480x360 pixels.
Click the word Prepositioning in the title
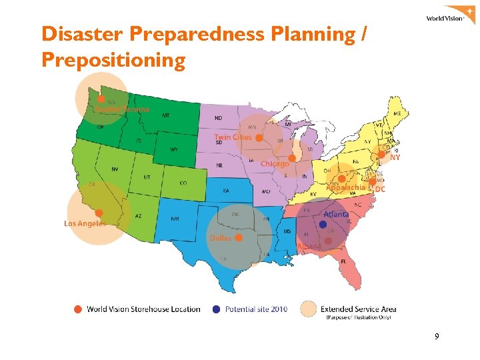[x=113, y=61]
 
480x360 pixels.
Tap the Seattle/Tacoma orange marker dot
[x=101, y=99]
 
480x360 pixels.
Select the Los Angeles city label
[x=85, y=223]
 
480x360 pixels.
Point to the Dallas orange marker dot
[x=238, y=237]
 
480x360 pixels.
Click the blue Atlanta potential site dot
[x=323, y=225]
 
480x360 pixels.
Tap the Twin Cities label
[x=233, y=137]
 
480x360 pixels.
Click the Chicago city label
[x=275, y=163]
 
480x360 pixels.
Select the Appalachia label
[x=346, y=188]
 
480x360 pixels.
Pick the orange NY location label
[x=395, y=158]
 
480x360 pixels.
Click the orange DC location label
[x=380, y=189]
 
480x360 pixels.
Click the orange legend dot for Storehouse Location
[x=78, y=309]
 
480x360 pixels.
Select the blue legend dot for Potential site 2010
[x=216, y=309]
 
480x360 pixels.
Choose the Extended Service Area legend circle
[x=308, y=309]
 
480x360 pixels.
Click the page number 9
[x=437, y=337]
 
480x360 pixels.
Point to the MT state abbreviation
[x=165, y=115]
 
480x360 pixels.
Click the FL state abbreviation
[x=343, y=261]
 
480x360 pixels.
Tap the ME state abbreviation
[x=397, y=114]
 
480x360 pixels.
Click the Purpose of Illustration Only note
[x=357, y=318]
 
